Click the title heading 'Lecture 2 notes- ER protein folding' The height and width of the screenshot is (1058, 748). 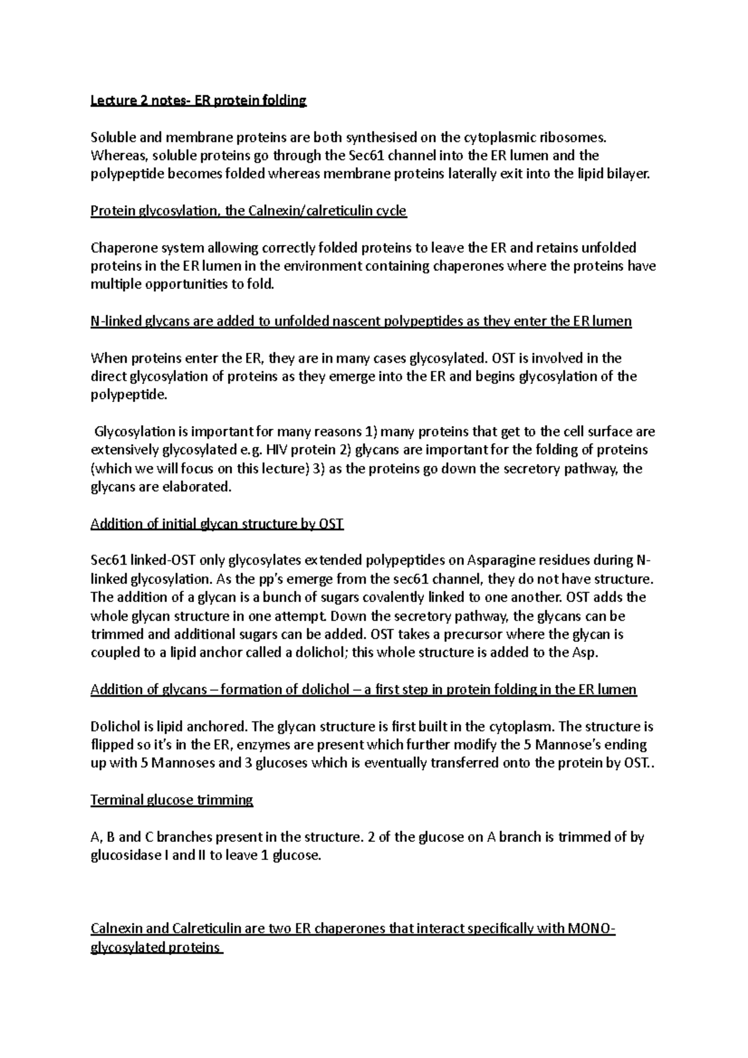(198, 101)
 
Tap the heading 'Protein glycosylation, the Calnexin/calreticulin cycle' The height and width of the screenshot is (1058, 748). (248, 211)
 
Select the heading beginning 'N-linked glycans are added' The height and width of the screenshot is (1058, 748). (361, 322)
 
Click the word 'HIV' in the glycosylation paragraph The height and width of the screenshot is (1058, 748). (278, 450)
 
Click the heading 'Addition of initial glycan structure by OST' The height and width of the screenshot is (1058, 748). (217, 523)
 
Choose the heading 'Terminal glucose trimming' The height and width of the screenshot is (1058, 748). (171, 800)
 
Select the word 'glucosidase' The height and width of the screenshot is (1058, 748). (125, 855)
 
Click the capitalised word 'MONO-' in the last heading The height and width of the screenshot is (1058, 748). (592, 929)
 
